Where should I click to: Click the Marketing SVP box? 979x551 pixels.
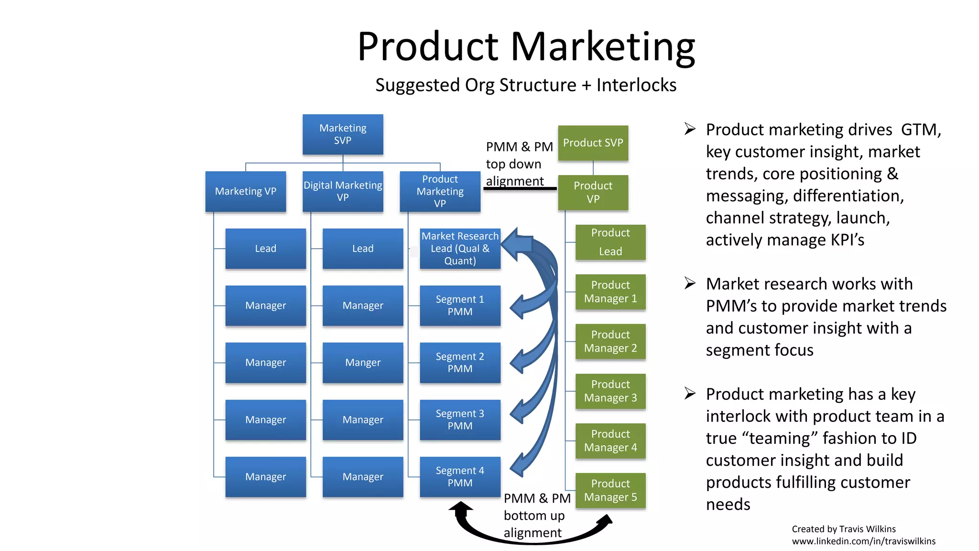(343, 134)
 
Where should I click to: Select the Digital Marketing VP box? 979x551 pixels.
(343, 191)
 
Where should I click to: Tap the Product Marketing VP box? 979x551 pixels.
(440, 191)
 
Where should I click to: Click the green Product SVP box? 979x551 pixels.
(593, 143)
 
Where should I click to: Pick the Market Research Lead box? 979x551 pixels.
(460, 248)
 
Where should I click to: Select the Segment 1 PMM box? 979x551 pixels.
(460, 306)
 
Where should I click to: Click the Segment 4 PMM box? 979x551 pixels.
(460, 477)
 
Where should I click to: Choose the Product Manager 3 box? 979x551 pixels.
(610, 391)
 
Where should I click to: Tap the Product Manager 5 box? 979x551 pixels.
(610, 491)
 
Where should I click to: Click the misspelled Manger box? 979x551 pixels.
(363, 363)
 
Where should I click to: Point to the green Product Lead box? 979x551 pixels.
(610, 242)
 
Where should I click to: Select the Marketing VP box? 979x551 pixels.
(246, 191)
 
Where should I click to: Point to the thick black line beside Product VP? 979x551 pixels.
(520, 189)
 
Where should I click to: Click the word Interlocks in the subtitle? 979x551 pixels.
(636, 85)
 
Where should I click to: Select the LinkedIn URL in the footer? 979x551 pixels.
(863, 541)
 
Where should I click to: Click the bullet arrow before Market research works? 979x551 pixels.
(690, 283)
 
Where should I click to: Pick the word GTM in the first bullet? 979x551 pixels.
(921, 130)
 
